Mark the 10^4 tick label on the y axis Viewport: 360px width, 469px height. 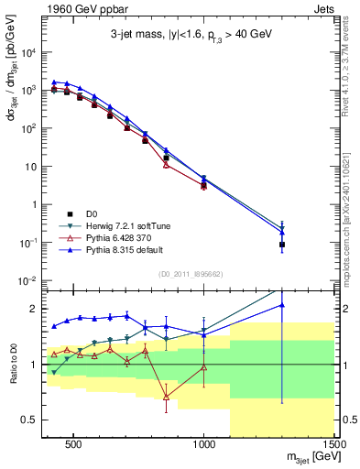[x=27, y=52]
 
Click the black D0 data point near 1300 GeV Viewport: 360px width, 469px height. [x=282, y=245]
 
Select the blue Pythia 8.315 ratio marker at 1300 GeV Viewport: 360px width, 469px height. [x=282, y=305]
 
